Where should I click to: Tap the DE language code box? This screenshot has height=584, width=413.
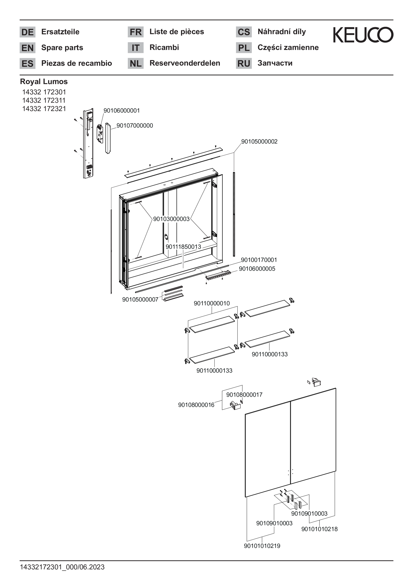click(27, 32)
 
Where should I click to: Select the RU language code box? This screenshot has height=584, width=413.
click(244, 63)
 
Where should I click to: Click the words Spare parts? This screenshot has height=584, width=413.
click(62, 48)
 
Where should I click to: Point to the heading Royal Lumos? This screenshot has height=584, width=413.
click(44, 82)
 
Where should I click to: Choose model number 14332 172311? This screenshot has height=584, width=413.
click(44, 100)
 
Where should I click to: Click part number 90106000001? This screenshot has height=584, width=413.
click(122, 111)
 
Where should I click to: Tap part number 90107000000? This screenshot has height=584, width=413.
click(135, 126)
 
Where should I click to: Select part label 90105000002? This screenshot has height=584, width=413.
click(259, 142)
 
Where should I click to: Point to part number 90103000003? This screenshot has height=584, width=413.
click(171, 219)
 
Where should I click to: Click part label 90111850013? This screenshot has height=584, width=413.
click(183, 247)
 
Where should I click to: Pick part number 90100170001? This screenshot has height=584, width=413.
click(259, 260)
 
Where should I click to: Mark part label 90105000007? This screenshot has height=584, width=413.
click(140, 300)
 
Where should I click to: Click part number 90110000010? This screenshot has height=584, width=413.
click(212, 303)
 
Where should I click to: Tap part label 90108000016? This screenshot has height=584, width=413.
click(196, 405)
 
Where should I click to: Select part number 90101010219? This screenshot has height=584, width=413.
click(262, 546)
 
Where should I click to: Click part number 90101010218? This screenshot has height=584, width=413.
click(320, 529)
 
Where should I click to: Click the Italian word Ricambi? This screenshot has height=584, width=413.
click(164, 47)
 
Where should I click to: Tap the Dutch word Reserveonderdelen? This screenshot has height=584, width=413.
click(185, 63)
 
